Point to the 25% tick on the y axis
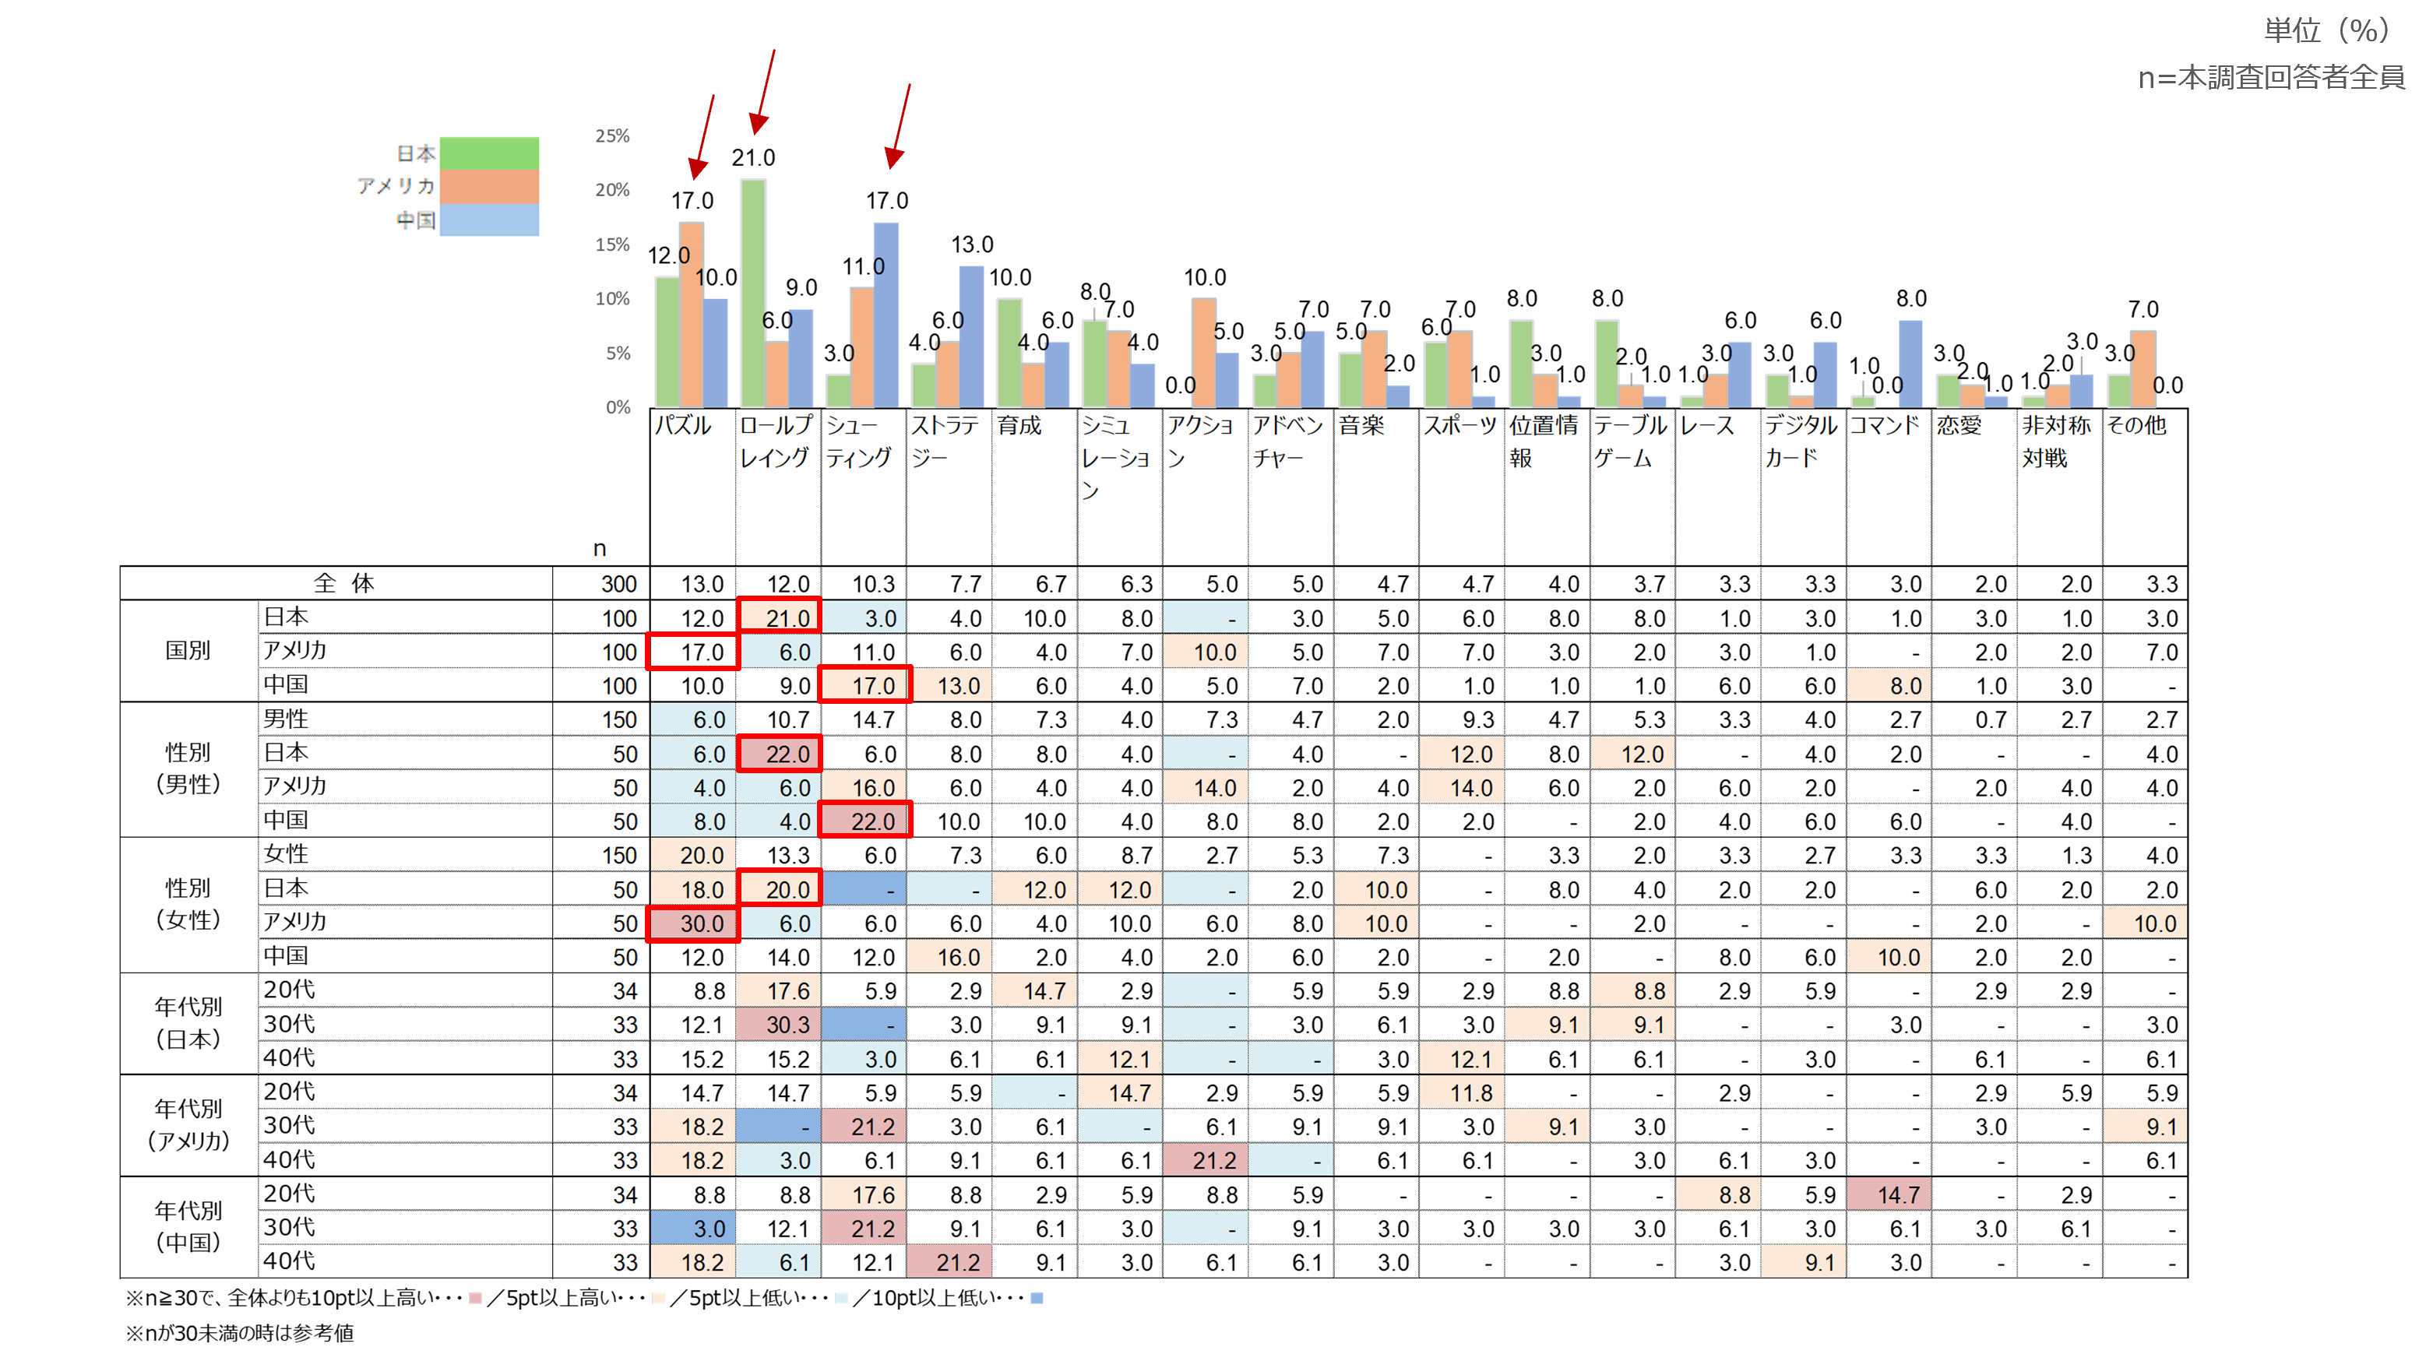[x=612, y=136]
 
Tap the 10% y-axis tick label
[x=612, y=298]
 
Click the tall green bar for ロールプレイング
[x=753, y=293]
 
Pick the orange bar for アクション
[x=1203, y=352]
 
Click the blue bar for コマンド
[x=1910, y=364]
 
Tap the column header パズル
[x=683, y=426]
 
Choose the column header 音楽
[x=1361, y=426]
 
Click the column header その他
[x=2136, y=426]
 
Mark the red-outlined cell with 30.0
[x=693, y=923]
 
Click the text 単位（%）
[x=2326, y=30]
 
